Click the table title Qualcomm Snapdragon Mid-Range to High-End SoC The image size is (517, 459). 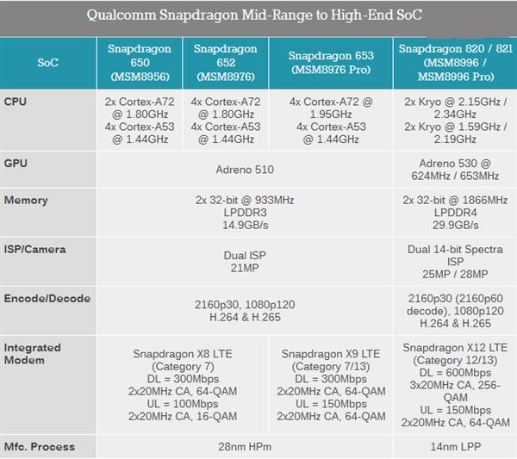pos(258,16)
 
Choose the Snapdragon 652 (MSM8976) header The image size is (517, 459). pos(226,63)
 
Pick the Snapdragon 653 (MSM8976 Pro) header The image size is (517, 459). pos(331,63)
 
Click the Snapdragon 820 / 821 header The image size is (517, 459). pos(454,63)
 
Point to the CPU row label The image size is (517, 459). pos(16,102)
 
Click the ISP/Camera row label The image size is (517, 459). pos(35,250)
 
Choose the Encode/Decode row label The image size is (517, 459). pos(47,299)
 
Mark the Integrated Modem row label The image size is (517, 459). pos(33,353)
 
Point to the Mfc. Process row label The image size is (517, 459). pos(40,447)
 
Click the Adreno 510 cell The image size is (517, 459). pos(245,170)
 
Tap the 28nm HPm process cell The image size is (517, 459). pos(245,447)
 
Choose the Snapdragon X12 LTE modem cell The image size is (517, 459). pos(454,385)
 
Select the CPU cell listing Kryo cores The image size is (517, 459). pos(454,120)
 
